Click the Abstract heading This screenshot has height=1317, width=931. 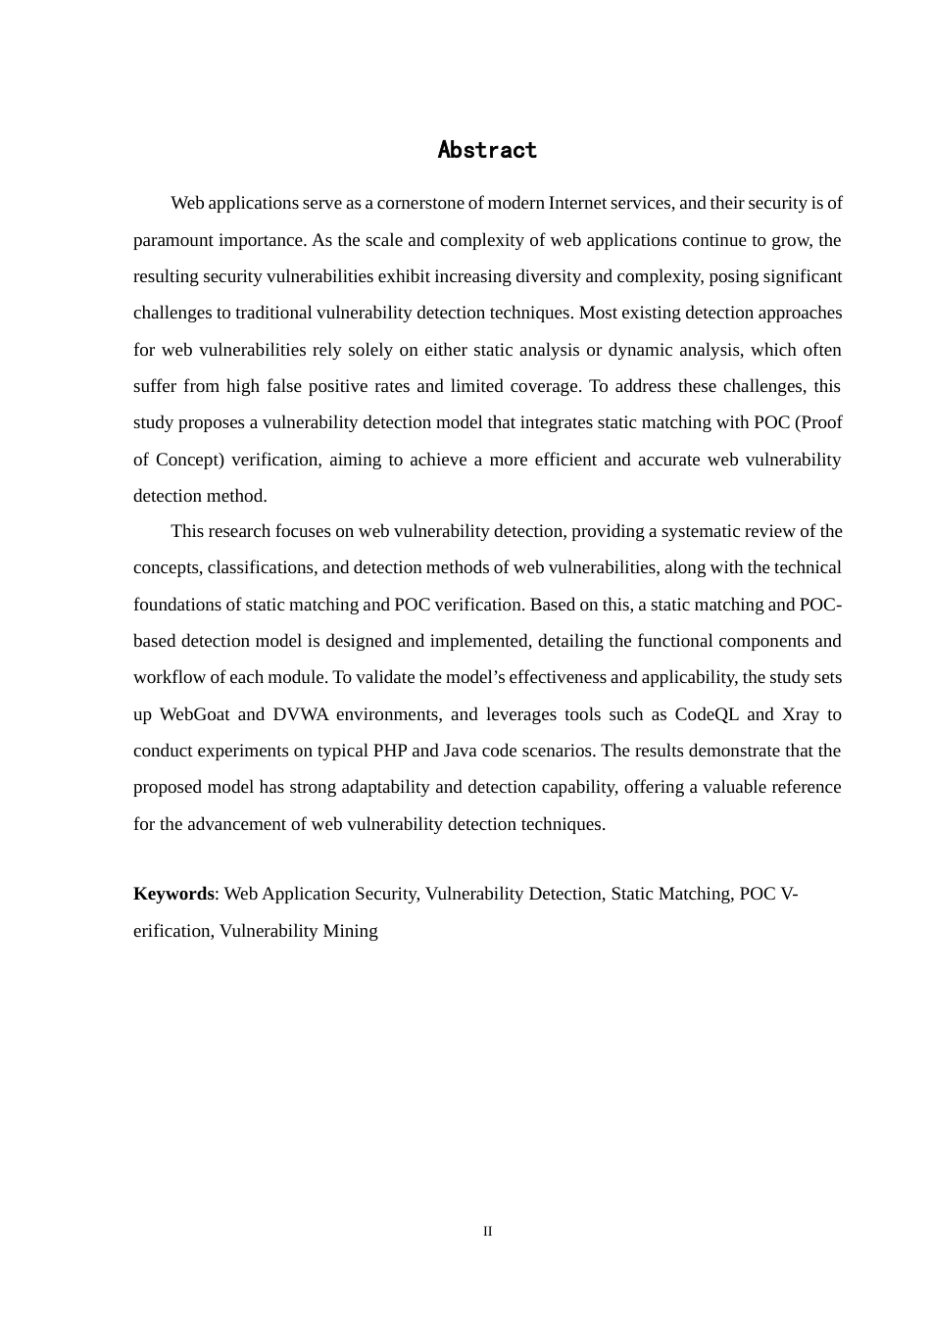[487, 150]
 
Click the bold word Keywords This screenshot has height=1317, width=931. [173, 894]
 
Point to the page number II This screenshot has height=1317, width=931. [487, 1232]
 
